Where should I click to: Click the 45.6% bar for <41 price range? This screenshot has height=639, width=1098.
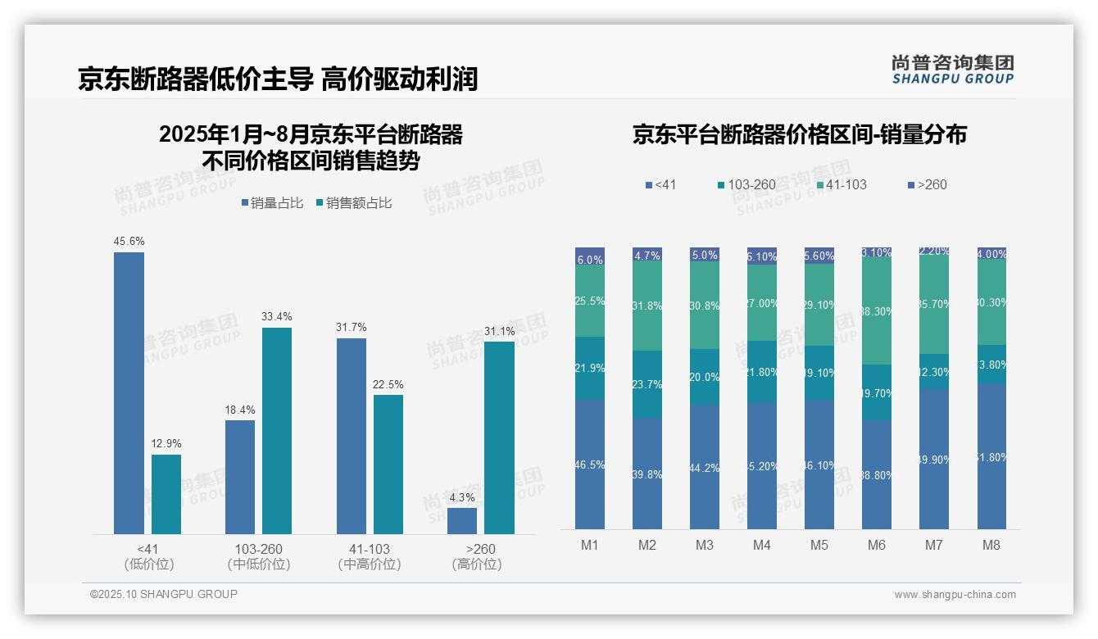pos(129,393)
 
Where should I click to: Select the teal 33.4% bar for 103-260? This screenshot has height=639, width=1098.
pos(277,431)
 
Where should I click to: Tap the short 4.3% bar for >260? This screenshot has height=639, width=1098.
pos(462,521)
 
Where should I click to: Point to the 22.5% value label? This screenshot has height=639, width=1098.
pos(388,384)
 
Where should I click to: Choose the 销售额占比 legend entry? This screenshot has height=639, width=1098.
pos(353,202)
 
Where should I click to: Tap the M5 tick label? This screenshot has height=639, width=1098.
pos(819,545)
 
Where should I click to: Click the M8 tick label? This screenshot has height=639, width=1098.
pos(991,545)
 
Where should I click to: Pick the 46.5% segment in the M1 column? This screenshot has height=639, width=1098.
pos(590,465)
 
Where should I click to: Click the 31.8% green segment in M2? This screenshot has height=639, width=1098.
pos(647,306)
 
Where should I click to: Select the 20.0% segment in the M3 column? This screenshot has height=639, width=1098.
pos(705,377)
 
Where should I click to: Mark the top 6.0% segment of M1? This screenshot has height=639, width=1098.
pos(590,257)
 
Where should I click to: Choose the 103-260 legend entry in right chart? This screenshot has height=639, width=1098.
pos(746,184)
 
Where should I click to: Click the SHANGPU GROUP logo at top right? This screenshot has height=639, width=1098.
pos(952,69)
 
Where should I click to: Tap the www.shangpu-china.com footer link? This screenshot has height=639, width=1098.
pos(955,595)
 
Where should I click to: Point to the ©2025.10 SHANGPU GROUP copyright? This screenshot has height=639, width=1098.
pos(164,594)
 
